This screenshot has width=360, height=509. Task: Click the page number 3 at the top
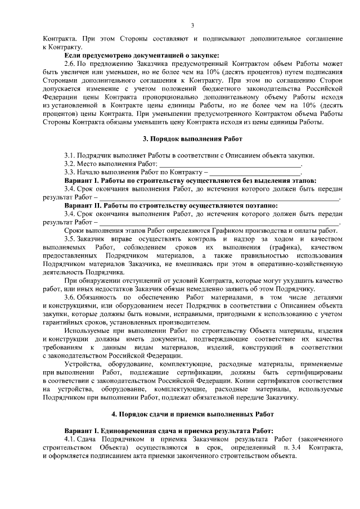click(x=192, y=25)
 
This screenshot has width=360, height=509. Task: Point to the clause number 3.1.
click(x=70, y=156)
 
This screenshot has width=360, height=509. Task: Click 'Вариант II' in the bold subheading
click(x=84, y=206)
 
